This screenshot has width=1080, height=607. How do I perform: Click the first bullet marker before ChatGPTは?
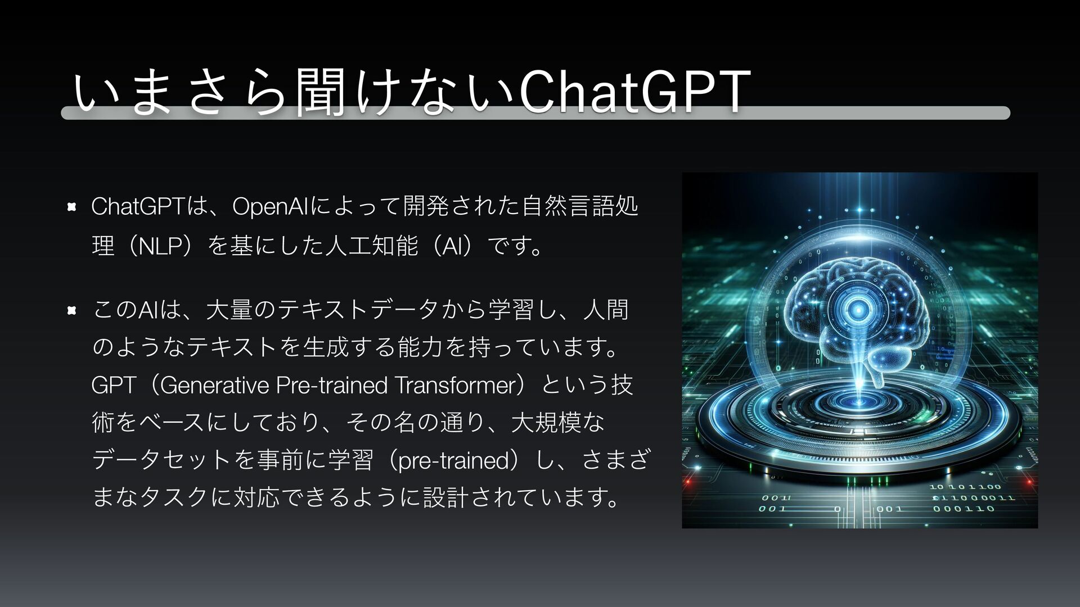71,207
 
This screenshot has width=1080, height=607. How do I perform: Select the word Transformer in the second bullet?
454,386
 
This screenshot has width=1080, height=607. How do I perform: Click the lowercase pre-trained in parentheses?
453,461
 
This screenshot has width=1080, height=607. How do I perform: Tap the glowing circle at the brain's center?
858,308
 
